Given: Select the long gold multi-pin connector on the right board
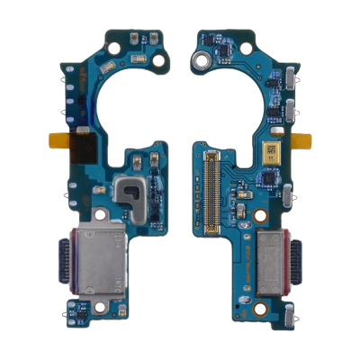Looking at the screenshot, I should pyautogui.click(x=212, y=192).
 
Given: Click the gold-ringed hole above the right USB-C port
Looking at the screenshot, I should pyautogui.click(x=258, y=217).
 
